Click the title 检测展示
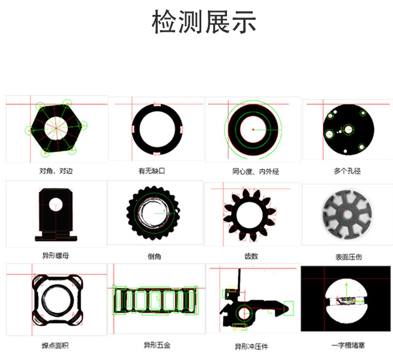point(204,22)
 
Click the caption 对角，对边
point(56,171)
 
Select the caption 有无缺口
point(152,171)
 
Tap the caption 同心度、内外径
point(256,172)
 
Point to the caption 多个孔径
point(347,171)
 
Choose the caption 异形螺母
point(56,255)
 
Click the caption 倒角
point(154,257)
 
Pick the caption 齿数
point(251,256)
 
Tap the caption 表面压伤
point(349,257)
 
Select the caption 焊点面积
point(55,346)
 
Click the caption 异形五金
point(157,345)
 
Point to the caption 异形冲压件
point(251,347)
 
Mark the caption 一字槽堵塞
point(348,346)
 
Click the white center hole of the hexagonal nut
point(56,128)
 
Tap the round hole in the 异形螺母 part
point(56,204)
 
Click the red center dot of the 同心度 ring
point(253,129)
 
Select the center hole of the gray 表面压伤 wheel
point(347,215)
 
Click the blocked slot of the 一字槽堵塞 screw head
point(346,301)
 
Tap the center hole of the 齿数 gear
point(250,215)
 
